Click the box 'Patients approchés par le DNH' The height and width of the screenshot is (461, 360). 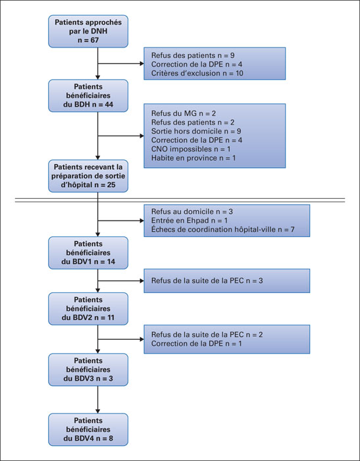point(88,31)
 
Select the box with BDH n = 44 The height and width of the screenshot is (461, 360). point(88,95)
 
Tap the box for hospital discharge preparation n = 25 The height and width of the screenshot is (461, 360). point(88,176)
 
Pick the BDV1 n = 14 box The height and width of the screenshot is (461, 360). point(88,253)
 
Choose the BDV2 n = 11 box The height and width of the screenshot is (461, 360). point(88,309)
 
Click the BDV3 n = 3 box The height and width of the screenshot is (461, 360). point(88,369)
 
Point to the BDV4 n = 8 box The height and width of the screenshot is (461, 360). point(88,429)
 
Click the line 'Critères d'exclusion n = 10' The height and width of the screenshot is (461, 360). point(197,73)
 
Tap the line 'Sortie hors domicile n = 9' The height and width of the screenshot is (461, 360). point(196,131)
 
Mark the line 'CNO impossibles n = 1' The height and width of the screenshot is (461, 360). point(191,149)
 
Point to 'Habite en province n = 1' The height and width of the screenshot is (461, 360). point(193,158)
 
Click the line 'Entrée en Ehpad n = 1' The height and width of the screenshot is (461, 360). point(190,221)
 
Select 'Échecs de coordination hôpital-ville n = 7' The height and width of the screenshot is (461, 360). point(222,229)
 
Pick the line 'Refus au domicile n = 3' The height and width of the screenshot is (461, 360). point(192,211)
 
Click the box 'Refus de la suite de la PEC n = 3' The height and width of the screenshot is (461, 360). point(227,281)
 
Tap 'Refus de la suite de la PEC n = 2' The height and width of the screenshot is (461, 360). point(207,335)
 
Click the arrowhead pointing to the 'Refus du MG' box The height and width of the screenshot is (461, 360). point(142,136)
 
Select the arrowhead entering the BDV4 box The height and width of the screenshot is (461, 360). point(98,411)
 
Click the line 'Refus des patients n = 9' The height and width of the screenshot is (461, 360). point(193,55)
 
